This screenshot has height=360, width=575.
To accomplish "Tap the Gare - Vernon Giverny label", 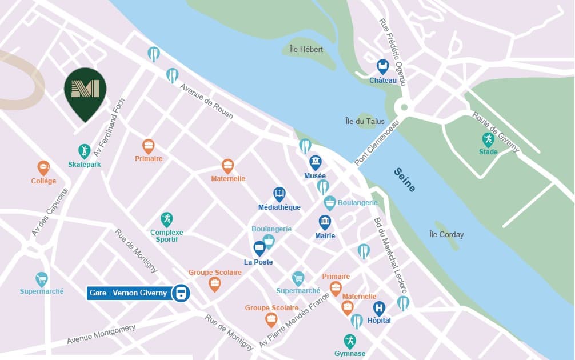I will (128, 293).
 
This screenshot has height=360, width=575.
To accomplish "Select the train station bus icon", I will (181, 294).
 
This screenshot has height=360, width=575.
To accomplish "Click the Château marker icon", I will (382, 66).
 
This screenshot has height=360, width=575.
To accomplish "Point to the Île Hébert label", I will (306, 50).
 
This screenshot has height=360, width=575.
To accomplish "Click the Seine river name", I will (404, 179).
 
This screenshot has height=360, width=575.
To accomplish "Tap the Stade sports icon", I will (488, 139).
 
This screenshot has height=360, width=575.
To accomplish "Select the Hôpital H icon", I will (379, 309).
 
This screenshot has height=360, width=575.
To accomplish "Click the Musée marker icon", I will (316, 162).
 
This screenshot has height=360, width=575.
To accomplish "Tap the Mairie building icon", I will (325, 222).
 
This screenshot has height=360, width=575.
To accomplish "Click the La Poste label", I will (258, 262).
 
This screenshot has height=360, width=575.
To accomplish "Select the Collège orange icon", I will (43, 167).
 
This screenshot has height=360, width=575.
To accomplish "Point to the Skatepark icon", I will (84, 151).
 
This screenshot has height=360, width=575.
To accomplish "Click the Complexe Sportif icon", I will (166, 219).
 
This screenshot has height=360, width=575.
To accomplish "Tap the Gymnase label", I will (350, 354).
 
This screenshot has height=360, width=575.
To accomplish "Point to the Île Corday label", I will (446, 234).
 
